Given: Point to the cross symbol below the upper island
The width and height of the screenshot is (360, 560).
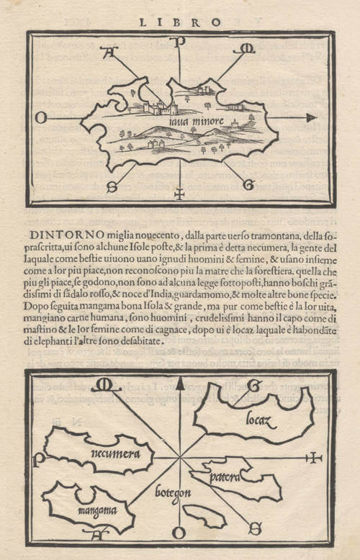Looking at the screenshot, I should tap(179, 193).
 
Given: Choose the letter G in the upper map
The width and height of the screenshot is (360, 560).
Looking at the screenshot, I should tap(248, 185).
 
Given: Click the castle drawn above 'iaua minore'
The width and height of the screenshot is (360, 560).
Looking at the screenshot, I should tap(161, 108).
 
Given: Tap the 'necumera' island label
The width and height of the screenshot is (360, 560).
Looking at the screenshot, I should tap(107, 453).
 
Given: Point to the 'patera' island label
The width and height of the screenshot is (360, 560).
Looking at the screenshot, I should tap(225, 476).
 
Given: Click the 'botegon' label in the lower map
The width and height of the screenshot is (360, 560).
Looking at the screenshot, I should tap(172, 494).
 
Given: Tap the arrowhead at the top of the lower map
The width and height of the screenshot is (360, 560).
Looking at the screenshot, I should tap(180, 383).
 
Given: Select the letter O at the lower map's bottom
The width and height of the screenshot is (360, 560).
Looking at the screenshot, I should tap(180, 534).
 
